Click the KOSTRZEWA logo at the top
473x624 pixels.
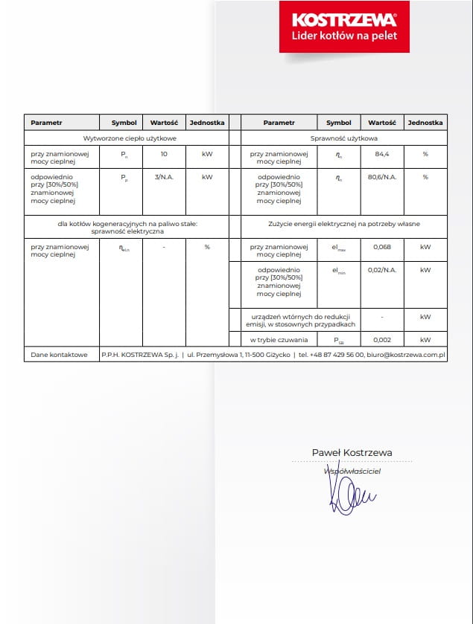coord(344,19)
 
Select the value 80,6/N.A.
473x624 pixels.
coord(381,178)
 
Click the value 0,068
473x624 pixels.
coord(381,246)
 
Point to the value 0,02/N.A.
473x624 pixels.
coord(381,270)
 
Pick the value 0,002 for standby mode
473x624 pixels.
coord(381,339)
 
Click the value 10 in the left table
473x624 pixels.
coord(163,154)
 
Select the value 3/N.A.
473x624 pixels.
coord(163,178)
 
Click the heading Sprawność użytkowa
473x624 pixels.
coord(344,138)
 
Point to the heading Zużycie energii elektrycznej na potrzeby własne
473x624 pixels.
coord(344,222)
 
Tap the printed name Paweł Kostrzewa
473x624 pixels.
coord(352,452)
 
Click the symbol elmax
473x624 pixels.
coord(339,247)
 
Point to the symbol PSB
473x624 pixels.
coord(339,340)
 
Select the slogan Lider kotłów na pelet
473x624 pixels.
coord(344,36)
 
